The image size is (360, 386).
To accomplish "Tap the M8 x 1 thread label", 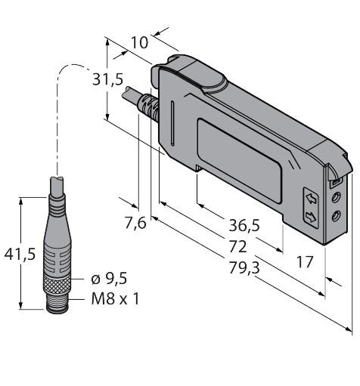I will [x=115, y=298].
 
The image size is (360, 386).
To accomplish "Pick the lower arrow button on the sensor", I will [x=309, y=218].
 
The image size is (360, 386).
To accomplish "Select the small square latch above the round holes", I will [x=333, y=181].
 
